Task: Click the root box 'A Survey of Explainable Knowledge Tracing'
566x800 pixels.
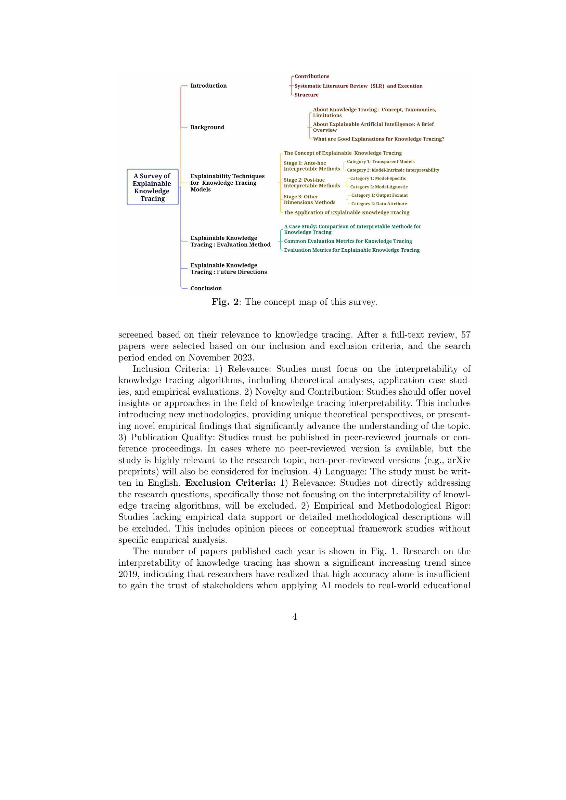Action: (152, 187)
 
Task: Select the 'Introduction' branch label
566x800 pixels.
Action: (208, 86)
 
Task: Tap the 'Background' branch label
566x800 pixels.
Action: (207, 127)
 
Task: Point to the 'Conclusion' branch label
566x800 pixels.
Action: (206, 288)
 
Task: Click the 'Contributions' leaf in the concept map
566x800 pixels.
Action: (312, 76)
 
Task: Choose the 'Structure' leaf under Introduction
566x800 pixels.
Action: (306, 95)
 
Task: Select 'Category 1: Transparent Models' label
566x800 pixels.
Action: (381, 162)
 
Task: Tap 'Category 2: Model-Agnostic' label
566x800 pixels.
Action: (379, 187)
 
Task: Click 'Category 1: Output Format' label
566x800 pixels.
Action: (379, 196)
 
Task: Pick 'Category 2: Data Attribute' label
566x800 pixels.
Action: (379, 204)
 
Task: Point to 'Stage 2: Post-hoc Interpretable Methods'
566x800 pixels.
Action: (312, 183)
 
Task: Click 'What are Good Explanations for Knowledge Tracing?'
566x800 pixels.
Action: (378, 139)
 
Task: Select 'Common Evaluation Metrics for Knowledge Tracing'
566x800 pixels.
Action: (348, 241)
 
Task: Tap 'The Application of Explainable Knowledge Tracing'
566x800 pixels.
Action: (346, 212)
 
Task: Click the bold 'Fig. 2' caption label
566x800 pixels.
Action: (225, 302)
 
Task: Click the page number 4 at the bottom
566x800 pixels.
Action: (295, 617)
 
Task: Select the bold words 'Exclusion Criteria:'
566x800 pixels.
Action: (230, 483)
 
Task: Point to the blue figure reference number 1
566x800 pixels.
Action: (394, 551)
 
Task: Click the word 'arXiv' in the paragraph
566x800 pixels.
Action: (459, 460)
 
